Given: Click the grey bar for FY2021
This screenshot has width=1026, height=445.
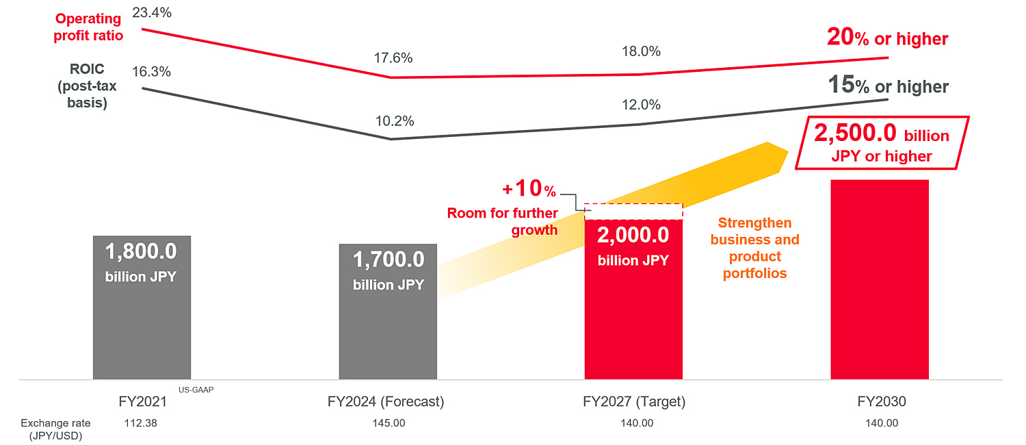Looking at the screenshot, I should click(142, 322).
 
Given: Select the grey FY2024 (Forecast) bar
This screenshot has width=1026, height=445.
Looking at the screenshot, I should click(388, 329).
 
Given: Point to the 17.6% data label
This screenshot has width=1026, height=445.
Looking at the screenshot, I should click(393, 58).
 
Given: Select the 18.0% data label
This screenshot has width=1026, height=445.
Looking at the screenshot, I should click(641, 51).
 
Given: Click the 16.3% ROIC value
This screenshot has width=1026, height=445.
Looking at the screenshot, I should click(151, 72).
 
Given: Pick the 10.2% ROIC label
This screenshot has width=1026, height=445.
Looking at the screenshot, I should click(395, 121).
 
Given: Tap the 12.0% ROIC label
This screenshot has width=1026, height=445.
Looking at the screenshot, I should click(641, 105).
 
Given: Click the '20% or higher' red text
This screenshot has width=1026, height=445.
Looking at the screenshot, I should click(887, 38).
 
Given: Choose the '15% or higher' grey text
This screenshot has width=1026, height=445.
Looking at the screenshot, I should click(888, 86).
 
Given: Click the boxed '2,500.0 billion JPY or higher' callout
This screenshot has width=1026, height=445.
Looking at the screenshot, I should click(882, 144).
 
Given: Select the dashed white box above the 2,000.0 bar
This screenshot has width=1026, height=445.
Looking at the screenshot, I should click(633, 211).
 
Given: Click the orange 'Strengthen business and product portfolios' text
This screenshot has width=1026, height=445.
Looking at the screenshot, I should click(754, 248).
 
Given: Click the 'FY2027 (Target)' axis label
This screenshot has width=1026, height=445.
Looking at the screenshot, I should click(634, 402).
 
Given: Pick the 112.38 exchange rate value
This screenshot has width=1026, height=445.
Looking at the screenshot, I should click(141, 423).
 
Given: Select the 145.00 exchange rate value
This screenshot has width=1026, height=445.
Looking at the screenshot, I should click(389, 423).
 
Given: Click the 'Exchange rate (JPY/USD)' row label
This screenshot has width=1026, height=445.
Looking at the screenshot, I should click(55, 429).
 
